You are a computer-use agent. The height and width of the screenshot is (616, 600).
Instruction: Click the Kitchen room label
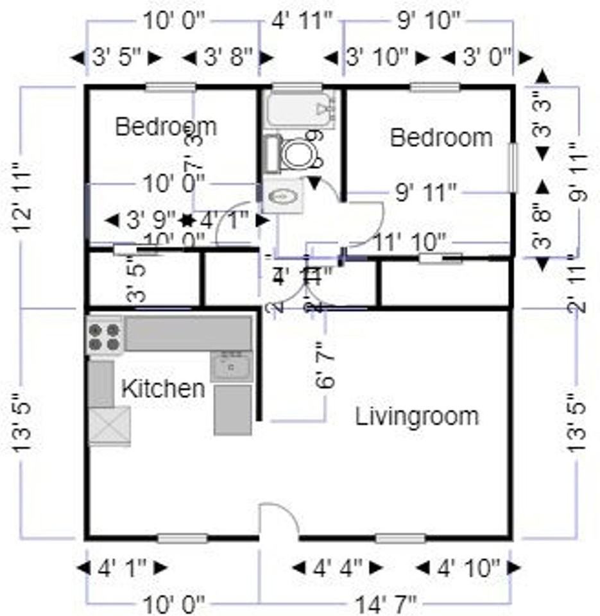pos(164,388)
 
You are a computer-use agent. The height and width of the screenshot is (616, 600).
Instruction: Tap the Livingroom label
pos(417,416)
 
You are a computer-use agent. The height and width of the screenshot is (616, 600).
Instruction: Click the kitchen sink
pos(231,367)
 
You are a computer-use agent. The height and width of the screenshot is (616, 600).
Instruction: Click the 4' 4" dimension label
pos(338,568)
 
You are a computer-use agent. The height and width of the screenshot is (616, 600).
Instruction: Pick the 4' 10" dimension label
pos(468,568)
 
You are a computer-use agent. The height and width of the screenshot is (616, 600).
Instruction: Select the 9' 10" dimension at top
pos(429,21)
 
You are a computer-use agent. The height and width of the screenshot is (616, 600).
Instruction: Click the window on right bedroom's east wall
pos(513,167)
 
